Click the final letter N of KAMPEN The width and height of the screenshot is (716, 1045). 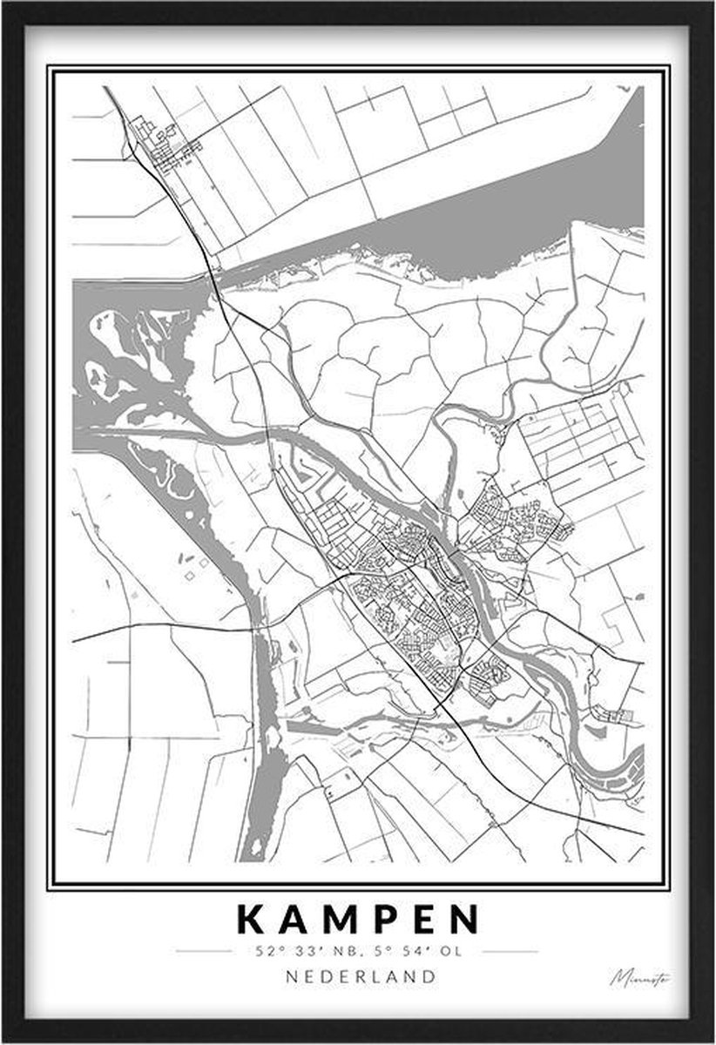(465, 920)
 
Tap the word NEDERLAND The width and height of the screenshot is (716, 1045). (361, 976)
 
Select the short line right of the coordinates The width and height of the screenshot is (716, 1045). (509, 951)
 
